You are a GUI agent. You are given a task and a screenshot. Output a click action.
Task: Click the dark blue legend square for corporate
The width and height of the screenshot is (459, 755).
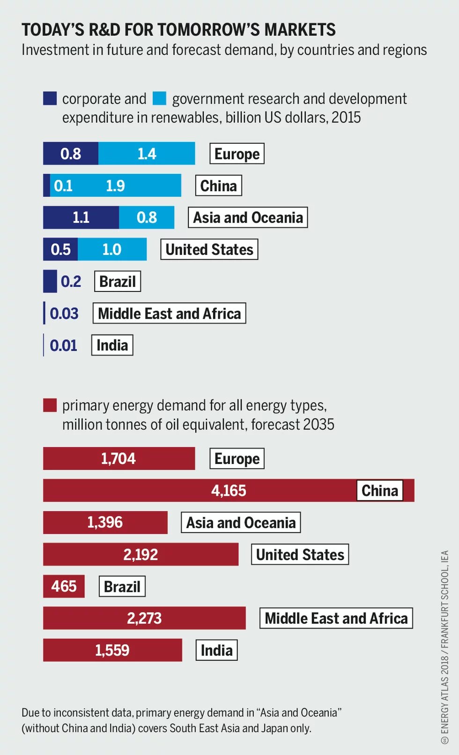coord(50,98)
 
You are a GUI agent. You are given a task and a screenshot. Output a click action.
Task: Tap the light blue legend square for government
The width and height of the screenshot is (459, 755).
coord(160,98)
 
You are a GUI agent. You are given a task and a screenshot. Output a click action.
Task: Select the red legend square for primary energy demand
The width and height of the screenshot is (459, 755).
coord(50,405)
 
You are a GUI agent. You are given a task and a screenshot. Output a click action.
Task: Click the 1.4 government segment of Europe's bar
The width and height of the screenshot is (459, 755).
coord(147,154)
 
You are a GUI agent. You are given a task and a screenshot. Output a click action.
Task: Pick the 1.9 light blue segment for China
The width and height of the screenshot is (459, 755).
coord(115,186)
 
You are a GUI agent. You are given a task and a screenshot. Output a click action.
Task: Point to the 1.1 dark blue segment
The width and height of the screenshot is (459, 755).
coord(81,217)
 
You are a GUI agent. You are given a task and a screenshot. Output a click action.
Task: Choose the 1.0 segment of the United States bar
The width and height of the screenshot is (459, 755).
coord(112,249)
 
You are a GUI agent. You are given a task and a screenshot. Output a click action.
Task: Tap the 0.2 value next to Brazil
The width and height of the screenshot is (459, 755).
coord(71,281)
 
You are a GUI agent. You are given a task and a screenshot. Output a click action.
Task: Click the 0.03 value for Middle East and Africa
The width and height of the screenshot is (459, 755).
coord(64,313)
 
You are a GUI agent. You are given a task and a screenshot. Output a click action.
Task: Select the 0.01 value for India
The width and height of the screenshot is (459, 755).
coord(63,345)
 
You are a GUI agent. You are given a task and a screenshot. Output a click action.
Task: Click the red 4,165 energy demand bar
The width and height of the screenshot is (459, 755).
coord(229,491)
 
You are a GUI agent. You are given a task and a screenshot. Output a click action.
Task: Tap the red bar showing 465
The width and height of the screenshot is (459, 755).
coord(64,586)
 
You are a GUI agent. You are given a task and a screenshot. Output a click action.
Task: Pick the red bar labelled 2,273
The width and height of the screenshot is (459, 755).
coord(144,618)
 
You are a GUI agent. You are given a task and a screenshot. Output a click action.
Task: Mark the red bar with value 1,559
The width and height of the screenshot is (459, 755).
coord(112,650)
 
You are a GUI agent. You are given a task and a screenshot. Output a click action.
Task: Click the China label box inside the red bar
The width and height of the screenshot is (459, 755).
coord(380,491)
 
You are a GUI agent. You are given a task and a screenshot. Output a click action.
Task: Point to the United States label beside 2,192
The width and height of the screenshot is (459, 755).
coord(300,554)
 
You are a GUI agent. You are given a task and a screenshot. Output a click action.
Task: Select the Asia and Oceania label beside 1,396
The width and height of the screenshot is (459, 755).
coord(241,523)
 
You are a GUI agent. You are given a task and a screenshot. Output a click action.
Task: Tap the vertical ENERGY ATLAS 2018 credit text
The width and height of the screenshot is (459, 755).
coord(444,647)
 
